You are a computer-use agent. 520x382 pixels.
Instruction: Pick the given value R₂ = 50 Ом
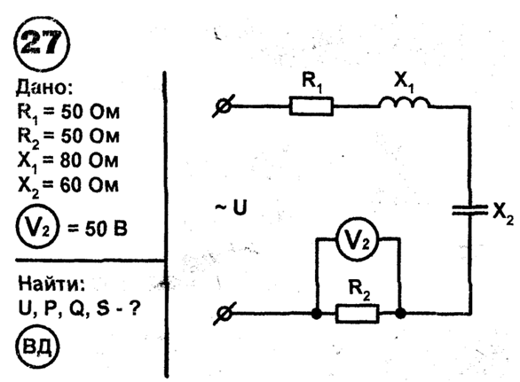point(68,137)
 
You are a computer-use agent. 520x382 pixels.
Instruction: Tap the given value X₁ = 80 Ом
point(68,161)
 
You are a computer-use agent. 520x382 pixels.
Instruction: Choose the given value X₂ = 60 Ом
point(68,185)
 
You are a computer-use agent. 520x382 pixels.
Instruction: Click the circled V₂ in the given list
point(37,228)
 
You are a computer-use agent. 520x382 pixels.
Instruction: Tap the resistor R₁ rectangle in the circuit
point(311,106)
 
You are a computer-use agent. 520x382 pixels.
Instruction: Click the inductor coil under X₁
point(405,103)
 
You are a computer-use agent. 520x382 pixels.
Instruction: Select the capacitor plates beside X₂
point(470,210)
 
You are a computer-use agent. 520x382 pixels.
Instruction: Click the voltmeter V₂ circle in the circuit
point(358,238)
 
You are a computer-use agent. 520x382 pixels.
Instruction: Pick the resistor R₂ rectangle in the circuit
point(358,314)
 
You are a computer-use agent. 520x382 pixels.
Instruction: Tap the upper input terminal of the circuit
point(224,106)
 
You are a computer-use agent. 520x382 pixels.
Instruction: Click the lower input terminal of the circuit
point(225,314)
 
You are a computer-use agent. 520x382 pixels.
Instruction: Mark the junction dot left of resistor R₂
point(317,314)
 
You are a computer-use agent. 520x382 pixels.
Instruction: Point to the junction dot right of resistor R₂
point(400,314)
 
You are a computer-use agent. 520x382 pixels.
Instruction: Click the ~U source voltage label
point(232,207)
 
